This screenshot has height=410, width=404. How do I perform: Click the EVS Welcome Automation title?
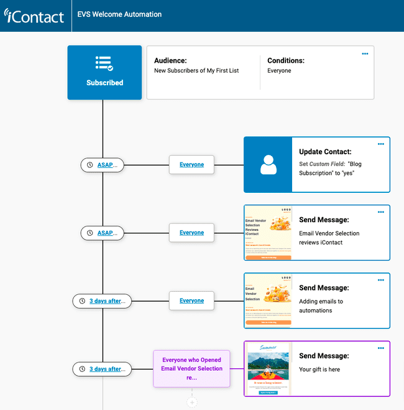point(119,14)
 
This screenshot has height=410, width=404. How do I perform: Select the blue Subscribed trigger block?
point(104,72)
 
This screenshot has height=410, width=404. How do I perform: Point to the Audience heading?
point(170,61)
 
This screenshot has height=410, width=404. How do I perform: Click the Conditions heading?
point(286,61)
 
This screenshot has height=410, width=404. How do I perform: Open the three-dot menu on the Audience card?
point(365,54)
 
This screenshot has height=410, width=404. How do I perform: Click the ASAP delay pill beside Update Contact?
point(103,165)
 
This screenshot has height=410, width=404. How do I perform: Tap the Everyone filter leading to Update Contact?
point(191,165)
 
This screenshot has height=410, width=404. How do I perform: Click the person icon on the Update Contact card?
point(268,165)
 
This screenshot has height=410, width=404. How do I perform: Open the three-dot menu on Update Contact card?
point(381,144)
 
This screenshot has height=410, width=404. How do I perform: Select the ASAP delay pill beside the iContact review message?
point(103,233)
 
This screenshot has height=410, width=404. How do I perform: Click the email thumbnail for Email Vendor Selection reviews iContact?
point(267,233)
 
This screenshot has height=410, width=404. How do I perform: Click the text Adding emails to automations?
point(321,305)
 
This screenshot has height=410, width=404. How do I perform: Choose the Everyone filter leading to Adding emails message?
point(191,301)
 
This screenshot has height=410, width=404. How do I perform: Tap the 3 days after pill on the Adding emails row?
point(103,301)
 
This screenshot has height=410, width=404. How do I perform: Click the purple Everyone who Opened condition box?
point(192,368)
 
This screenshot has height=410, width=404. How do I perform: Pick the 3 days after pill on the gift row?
point(103,369)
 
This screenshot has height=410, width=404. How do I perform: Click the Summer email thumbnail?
point(267,368)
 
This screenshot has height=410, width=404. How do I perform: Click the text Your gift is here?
point(319,369)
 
